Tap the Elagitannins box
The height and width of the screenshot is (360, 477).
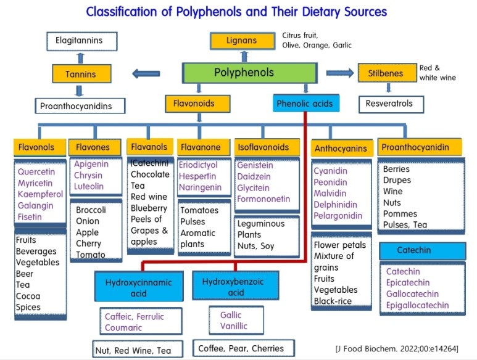(x=82, y=42)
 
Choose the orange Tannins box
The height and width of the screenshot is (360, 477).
(x=82, y=75)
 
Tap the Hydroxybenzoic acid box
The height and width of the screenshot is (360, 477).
(x=233, y=286)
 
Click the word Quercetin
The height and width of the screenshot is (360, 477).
(x=36, y=172)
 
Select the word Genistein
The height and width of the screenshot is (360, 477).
(x=255, y=165)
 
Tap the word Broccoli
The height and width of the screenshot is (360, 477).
(x=91, y=210)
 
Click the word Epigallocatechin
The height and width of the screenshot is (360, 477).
(x=417, y=305)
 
